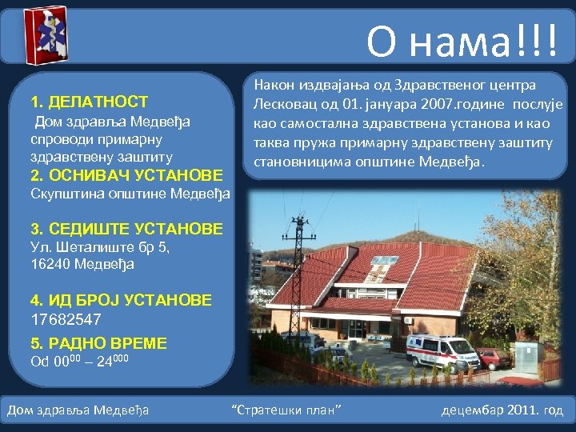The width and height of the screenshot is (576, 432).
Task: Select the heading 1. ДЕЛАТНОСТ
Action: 89,102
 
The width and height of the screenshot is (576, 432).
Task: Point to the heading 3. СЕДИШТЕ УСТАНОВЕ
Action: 126,230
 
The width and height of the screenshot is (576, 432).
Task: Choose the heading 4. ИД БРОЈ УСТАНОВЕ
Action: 121,301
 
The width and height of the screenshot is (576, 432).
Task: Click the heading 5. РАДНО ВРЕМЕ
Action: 98,343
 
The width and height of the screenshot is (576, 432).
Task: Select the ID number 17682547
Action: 66,319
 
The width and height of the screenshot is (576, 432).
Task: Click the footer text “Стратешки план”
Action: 286,410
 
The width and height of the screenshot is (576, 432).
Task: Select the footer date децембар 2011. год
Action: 502,410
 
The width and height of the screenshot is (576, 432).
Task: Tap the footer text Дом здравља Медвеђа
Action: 78,410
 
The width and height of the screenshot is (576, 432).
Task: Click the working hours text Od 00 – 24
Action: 78,361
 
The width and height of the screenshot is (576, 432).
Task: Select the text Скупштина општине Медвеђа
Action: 130,194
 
